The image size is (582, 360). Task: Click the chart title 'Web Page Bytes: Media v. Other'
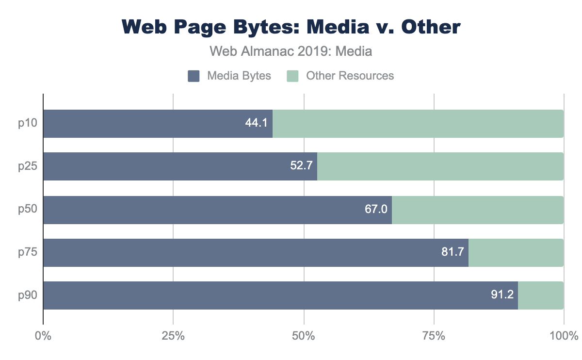(x=291, y=27)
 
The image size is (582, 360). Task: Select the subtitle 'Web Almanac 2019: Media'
(x=291, y=51)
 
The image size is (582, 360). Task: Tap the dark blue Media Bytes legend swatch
(x=194, y=76)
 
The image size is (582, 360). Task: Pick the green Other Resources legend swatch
(x=293, y=76)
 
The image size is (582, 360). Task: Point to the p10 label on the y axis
(x=28, y=124)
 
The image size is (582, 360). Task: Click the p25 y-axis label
(x=28, y=166)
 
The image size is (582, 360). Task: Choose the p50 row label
(x=28, y=210)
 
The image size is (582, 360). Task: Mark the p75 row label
(x=28, y=252)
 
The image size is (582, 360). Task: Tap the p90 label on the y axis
(x=28, y=295)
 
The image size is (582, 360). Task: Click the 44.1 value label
(x=257, y=124)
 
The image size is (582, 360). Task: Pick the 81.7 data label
(x=453, y=252)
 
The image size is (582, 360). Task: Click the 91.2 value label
(x=502, y=295)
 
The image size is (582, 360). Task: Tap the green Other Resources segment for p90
(x=541, y=295)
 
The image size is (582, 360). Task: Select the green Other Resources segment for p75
(x=516, y=252)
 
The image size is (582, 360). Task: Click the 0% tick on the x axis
(x=43, y=336)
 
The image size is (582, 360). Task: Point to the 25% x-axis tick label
(x=173, y=336)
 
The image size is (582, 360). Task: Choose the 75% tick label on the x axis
(x=434, y=336)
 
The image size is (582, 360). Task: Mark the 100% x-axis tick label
(x=563, y=336)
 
